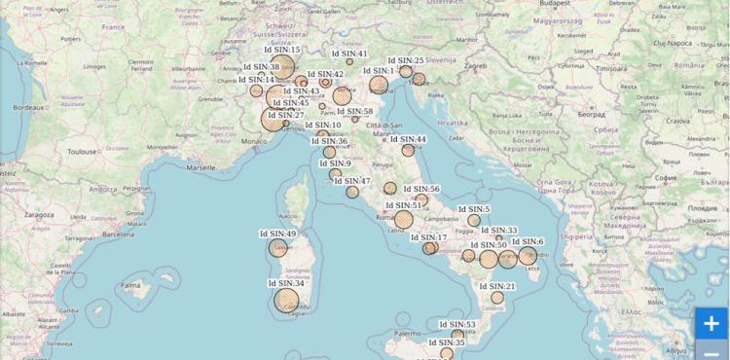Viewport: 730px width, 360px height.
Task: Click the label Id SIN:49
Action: [278, 234]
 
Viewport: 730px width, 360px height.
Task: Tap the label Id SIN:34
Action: [286, 283]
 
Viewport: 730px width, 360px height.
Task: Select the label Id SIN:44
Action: [409, 139]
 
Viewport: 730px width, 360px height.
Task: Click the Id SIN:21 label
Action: [496, 286]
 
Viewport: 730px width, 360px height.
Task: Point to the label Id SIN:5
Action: [474, 209]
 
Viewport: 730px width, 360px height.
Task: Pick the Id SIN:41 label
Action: [348, 54]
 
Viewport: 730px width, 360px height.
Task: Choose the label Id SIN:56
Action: [421, 189]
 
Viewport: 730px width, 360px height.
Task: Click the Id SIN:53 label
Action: [457, 325]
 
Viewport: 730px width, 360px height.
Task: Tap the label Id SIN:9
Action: [336, 162]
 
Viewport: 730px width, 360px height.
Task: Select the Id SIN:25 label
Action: [406, 60]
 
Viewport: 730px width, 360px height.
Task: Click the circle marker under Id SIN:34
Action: [286, 301]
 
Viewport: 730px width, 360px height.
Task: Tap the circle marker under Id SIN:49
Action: [278, 248]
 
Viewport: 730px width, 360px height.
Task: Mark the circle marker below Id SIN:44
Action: [409, 151]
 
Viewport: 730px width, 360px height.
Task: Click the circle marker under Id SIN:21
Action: [497, 297]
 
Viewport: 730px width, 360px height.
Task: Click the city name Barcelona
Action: [117, 234]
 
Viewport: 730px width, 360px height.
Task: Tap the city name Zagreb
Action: [475, 66]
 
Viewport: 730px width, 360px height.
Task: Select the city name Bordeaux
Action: [31, 107]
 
